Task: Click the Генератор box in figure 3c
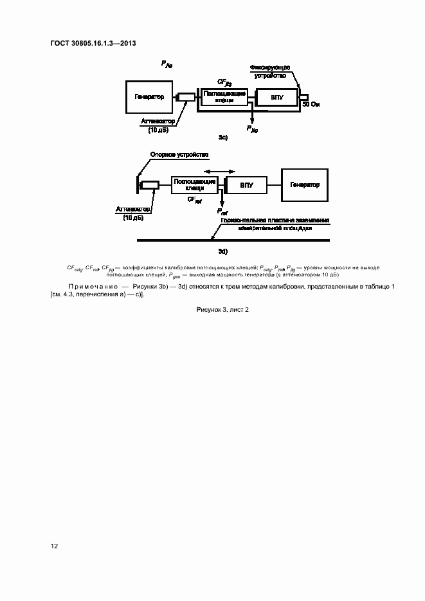pos(149,98)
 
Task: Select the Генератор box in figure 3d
pos(304,185)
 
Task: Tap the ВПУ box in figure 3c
pos(276,98)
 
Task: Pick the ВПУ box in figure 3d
pos(247,185)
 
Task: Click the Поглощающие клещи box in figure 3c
pos(224,97)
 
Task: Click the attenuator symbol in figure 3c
pos(186,98)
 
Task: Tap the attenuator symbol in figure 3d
pos(150,185)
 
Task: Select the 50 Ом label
pos(311,103)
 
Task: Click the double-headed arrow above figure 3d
pos(219,172)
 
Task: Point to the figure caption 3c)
pos(223,138)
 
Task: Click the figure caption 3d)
pos(223,251)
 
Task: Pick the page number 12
pos(55,546)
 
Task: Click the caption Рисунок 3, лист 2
pos(222,309)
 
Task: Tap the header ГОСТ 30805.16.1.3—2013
pos(93,43)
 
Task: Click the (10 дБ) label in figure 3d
pos(132,218)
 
